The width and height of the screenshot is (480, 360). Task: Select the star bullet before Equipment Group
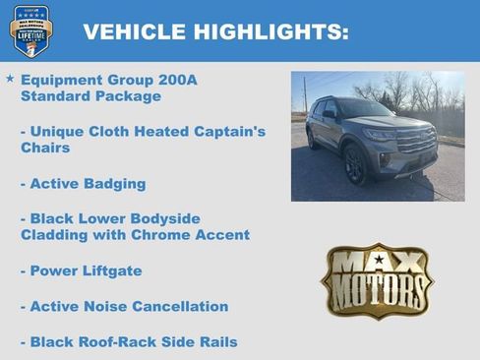point(10,78)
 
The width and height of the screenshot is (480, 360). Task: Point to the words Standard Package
point(90,96)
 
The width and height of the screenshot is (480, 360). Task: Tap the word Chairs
point(46,148)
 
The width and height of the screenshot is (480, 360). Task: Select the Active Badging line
point(83,183)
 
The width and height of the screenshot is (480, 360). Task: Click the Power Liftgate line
point(81,270)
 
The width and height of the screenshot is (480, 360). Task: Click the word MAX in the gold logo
point(378,263)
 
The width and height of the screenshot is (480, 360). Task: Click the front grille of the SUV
point(417,142)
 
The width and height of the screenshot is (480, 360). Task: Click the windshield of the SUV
point(365,108)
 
